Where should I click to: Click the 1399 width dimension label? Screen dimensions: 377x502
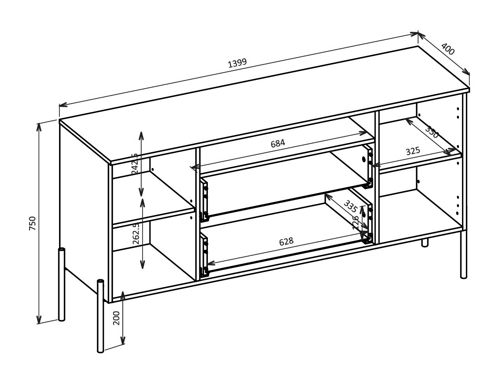(237, 63)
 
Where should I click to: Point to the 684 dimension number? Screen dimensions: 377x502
(278, 143)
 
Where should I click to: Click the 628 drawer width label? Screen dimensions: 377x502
(286, 242)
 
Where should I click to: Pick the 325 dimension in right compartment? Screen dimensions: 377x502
(413, 151)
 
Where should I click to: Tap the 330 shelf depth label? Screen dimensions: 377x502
(432, 132)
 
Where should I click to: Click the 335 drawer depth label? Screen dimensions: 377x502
(350, 206)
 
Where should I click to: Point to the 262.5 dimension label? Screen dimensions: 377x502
(136, 233)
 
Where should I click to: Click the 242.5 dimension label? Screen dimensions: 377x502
(135, 163)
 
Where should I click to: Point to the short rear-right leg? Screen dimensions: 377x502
(425, 242)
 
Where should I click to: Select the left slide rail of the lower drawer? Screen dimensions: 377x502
(204, 255)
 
